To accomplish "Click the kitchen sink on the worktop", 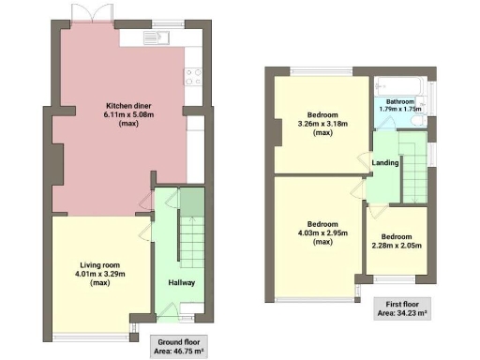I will (x=154, y=38).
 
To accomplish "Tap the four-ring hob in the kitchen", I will (x=194, y=75).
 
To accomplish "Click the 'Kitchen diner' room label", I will (x=118, y=105).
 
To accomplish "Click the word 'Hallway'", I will (x=181, y=281).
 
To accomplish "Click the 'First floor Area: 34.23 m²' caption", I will (x=400, y=307).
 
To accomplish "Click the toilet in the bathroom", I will (x=417, y=120).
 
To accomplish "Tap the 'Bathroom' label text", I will (x=399, y=100).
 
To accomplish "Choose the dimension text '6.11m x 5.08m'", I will (x=118, y=114).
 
